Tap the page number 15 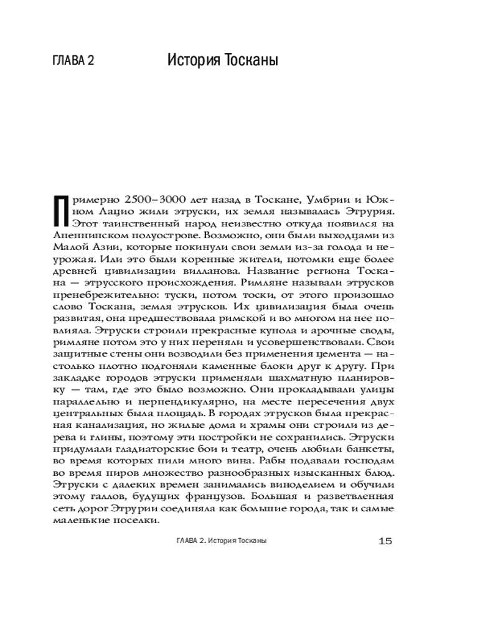(x=385, y=541)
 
